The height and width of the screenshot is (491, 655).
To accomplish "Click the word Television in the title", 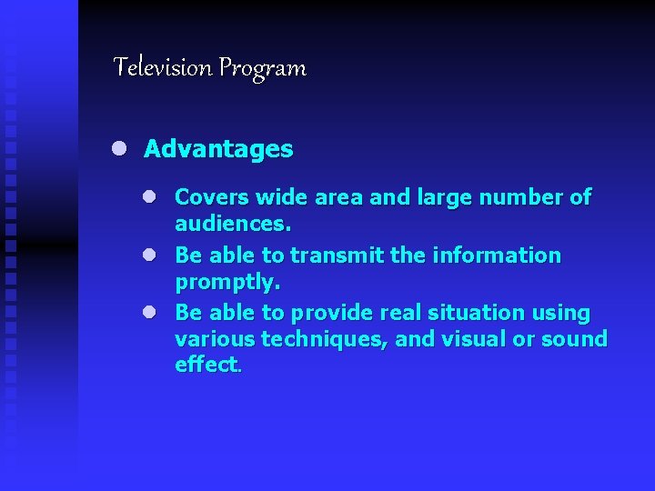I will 162,67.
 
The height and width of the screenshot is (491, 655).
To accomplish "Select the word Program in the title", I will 261,68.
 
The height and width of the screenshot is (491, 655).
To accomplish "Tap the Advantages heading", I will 218,149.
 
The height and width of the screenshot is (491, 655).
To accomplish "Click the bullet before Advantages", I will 118,148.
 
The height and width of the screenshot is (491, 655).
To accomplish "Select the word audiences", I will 233,223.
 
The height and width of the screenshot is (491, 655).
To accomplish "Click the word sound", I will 574,339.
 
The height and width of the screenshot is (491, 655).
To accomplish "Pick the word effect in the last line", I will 207,365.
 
